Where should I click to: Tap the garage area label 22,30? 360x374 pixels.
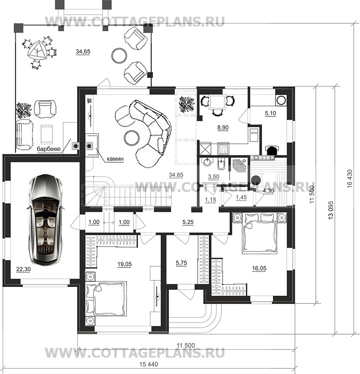point(23,270)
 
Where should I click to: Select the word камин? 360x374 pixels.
point(115,158)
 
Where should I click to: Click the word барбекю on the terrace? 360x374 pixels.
point(49,149)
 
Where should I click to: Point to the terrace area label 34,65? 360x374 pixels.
point(83,52)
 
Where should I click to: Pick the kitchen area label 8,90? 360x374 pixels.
point(223,128)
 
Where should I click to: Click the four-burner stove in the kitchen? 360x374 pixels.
point(223,149)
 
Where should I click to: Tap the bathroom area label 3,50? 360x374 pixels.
point(214,177)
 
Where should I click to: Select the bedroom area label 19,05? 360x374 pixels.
point(124,264)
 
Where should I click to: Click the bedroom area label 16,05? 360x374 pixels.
point(259,268)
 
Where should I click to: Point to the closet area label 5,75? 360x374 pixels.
point(182,263)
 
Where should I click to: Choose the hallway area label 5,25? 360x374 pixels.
point(188,222)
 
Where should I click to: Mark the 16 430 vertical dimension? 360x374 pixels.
point(350,178)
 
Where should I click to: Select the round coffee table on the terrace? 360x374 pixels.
point(119,55)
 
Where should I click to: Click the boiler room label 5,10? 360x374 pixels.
point(270,113)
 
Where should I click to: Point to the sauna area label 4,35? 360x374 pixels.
point(268,191)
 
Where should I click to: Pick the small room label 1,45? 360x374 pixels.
point(241,197)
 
